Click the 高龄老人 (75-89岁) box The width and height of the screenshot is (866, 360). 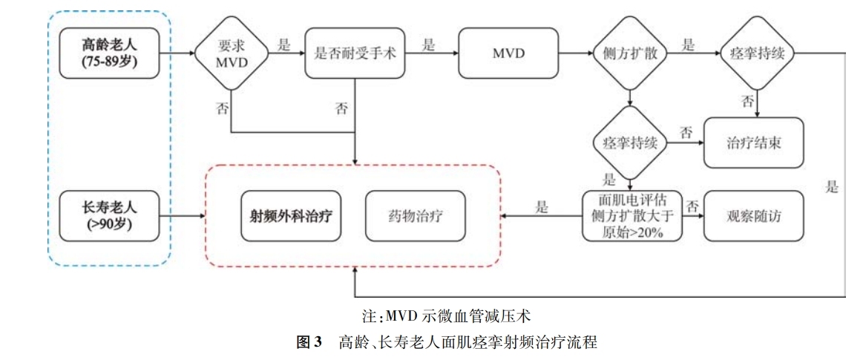[110, 53]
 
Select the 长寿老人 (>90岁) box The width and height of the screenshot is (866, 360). [110, 216]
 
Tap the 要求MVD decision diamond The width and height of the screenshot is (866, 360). [230, 53]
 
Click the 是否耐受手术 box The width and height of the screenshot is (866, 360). [355, 53]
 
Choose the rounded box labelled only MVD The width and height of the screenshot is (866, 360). [508, 53]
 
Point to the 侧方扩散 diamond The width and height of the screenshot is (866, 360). [629, 53]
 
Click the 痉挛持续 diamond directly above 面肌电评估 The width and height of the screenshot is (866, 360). [629, 143]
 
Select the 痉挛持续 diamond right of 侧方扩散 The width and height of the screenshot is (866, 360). [757, 53]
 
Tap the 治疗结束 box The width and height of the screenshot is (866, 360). [753, 143]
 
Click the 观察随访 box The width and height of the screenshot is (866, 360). [753, 216]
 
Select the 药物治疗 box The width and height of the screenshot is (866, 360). [415, 216]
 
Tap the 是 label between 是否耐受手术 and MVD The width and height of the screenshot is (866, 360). [428, 45]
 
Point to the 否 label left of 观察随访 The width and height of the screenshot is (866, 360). [692, 206]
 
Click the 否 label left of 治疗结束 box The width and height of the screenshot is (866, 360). [686, 133]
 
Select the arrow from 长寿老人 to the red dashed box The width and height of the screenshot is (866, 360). [182, 216]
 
